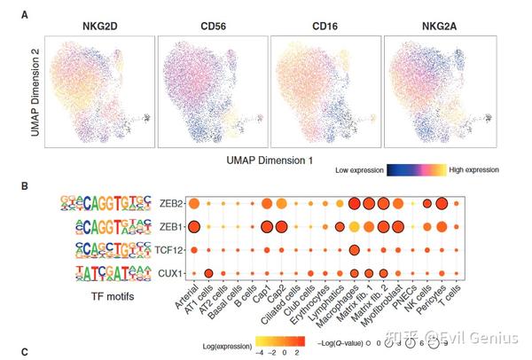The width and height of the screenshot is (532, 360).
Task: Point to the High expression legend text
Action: pyautogui.click(x=474, y=168)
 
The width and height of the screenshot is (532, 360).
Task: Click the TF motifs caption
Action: pyautogui.click(x=93, y=297)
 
